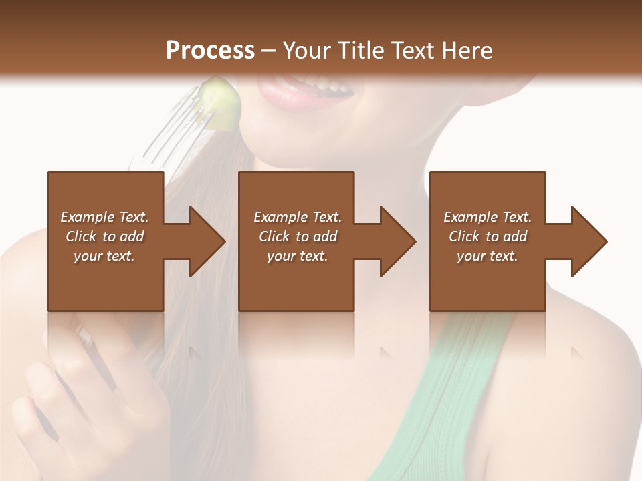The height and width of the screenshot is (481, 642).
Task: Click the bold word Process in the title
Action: pos(210,50)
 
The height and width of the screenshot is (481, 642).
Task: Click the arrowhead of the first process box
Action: pos(207,241)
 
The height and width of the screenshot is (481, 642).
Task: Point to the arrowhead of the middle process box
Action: pos(398,241)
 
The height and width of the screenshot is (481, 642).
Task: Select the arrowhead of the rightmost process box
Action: pos(589,241)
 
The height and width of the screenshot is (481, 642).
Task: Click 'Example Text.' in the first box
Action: pos(104,217)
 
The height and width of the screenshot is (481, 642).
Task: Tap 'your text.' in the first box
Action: pos(104,256)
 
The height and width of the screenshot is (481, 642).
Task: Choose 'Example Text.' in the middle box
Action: pos(298,217)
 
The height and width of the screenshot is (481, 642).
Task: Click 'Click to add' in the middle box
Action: pos(298,236)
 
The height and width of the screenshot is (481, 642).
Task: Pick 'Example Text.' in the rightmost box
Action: pos(488,217)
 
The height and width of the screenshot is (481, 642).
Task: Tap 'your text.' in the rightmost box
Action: pos(488,256)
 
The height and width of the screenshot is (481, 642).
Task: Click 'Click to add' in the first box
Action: pos(104,236)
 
